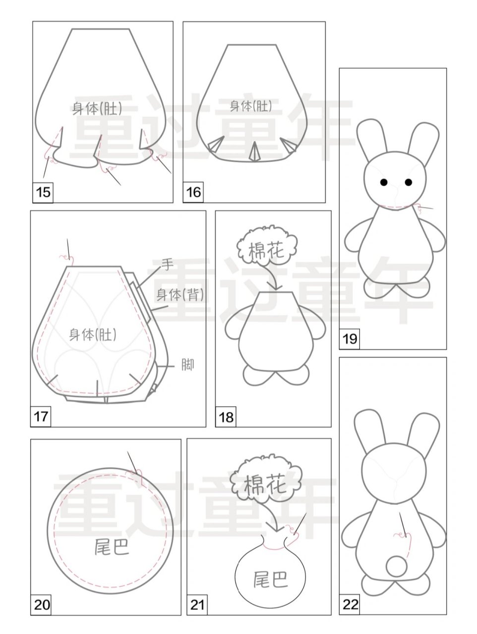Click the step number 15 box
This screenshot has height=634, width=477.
[43, 192]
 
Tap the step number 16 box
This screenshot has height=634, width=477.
[193, 192]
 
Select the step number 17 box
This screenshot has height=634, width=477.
[41, 417]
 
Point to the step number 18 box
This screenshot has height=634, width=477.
[226, 417]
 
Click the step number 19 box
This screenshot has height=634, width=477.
[349, 339]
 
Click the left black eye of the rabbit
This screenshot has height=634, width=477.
[384, 182]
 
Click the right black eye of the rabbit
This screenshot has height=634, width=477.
[408, 182]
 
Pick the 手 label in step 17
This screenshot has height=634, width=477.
[168, 264]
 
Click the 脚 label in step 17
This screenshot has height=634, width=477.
[188, 365]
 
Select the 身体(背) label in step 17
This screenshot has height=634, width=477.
[180, 295]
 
